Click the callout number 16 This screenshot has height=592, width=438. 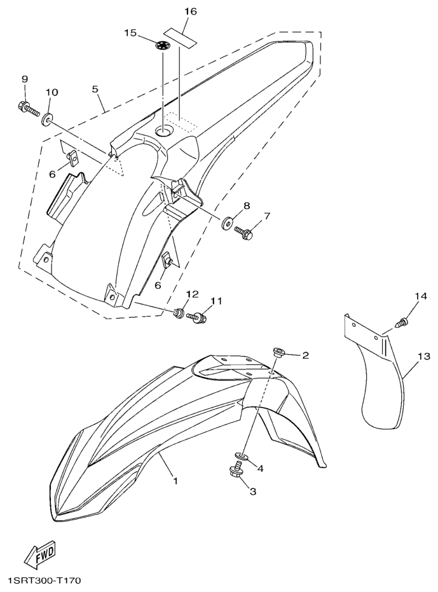(x=190, y=11)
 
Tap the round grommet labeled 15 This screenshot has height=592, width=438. (x=163, y=45)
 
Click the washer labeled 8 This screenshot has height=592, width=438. (x=227, y=222)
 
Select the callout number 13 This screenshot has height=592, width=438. (x=424, y=356)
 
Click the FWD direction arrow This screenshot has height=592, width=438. (x=41, y=556)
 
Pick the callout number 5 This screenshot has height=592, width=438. (x=95, y=90)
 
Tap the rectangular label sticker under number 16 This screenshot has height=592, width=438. (x=180, y=37)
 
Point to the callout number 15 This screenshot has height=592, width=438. (x=131, y=33)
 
